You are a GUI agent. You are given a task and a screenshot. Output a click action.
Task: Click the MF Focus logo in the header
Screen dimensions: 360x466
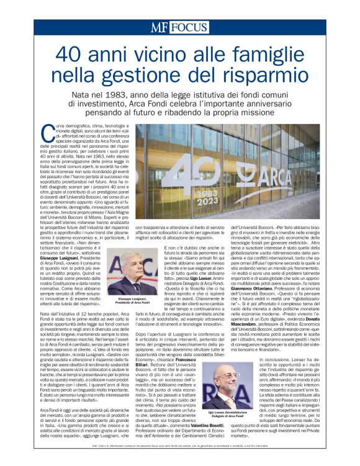(x=179, y=28)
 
